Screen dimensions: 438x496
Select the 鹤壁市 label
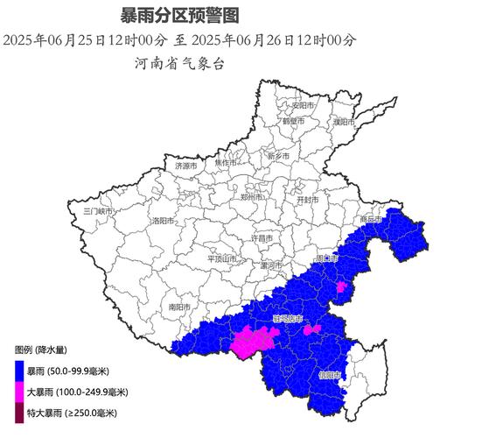(x=294, y=122)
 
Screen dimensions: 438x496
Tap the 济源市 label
(x=186, y=165)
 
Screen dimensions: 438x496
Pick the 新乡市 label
(x=279, y=156)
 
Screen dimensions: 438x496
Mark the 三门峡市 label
(x=99, y=211)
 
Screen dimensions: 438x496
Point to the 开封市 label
(x=308, y=200)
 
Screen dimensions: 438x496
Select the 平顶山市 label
(x=222, y=258)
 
